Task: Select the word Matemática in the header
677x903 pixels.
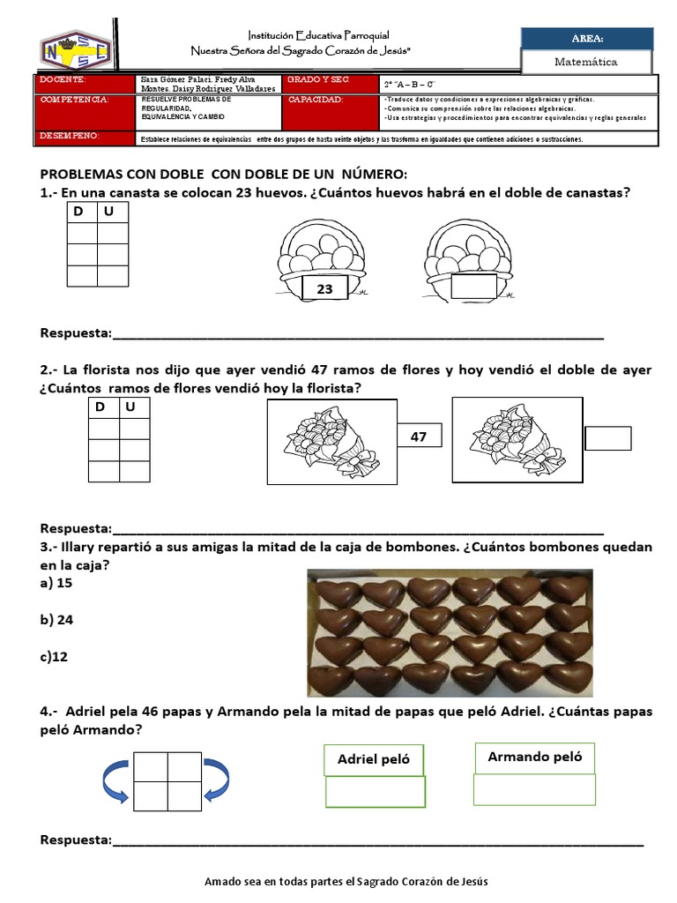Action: click(x=586, y=62)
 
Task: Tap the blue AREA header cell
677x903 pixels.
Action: click(x=587, y=38)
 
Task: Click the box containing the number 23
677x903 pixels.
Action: click(x=324, y=287)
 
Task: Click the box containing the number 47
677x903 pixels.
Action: click(x=418, y=437)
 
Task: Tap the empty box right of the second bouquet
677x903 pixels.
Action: click(x=608, y=438)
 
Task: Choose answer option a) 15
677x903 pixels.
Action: click(x=56, y=583)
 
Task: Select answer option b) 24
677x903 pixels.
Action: click(x=56, y=620)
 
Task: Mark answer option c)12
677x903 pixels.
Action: click(x=55, y=657)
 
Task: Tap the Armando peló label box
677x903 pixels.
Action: click(x=534, y=757)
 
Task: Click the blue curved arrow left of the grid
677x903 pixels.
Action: click(x=115, y=780)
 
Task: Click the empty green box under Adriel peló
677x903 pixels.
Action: click(x=375, y=792)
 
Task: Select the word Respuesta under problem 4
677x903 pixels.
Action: click(x=76, y=840)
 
